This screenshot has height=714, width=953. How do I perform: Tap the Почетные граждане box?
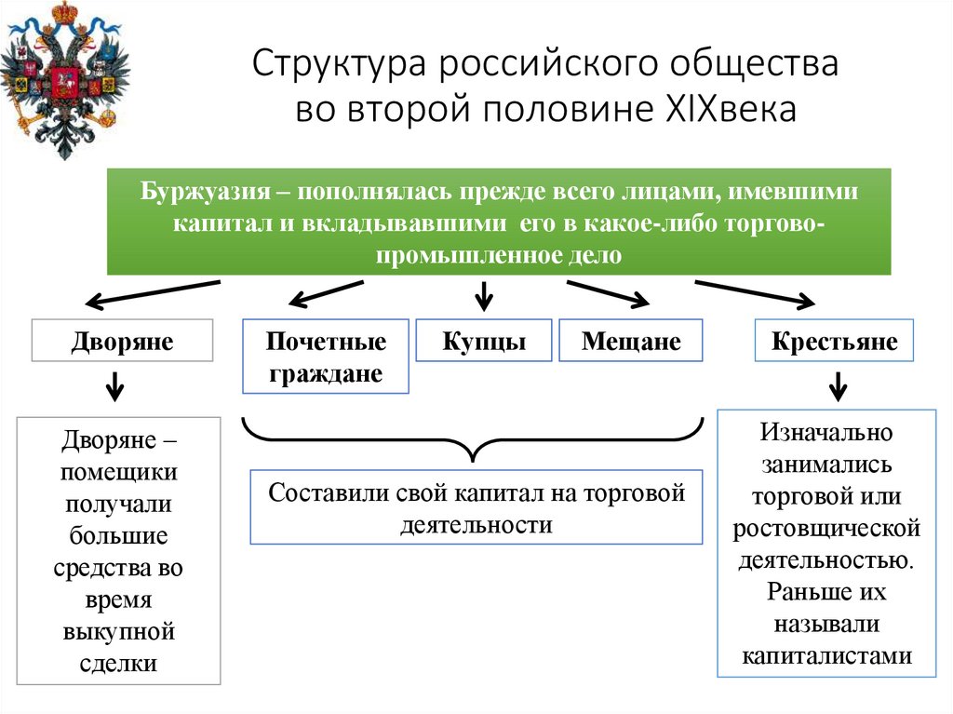tap(326, 357)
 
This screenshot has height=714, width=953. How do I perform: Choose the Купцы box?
tap(484, 341)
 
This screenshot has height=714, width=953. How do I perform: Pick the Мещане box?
tap(631, 341)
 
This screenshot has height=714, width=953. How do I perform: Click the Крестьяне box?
tap(834, 341)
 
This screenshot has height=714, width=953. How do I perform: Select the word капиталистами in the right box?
tap(826, 654)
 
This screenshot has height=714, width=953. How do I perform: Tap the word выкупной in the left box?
tap(119, 632)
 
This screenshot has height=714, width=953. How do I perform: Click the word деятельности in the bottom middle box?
tap(476, 524)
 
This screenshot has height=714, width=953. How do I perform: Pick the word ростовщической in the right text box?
tap(826, 529)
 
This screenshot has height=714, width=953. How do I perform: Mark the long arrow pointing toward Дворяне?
tap(153, 292)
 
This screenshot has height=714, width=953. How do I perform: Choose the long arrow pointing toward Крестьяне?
tap(756, 292)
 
